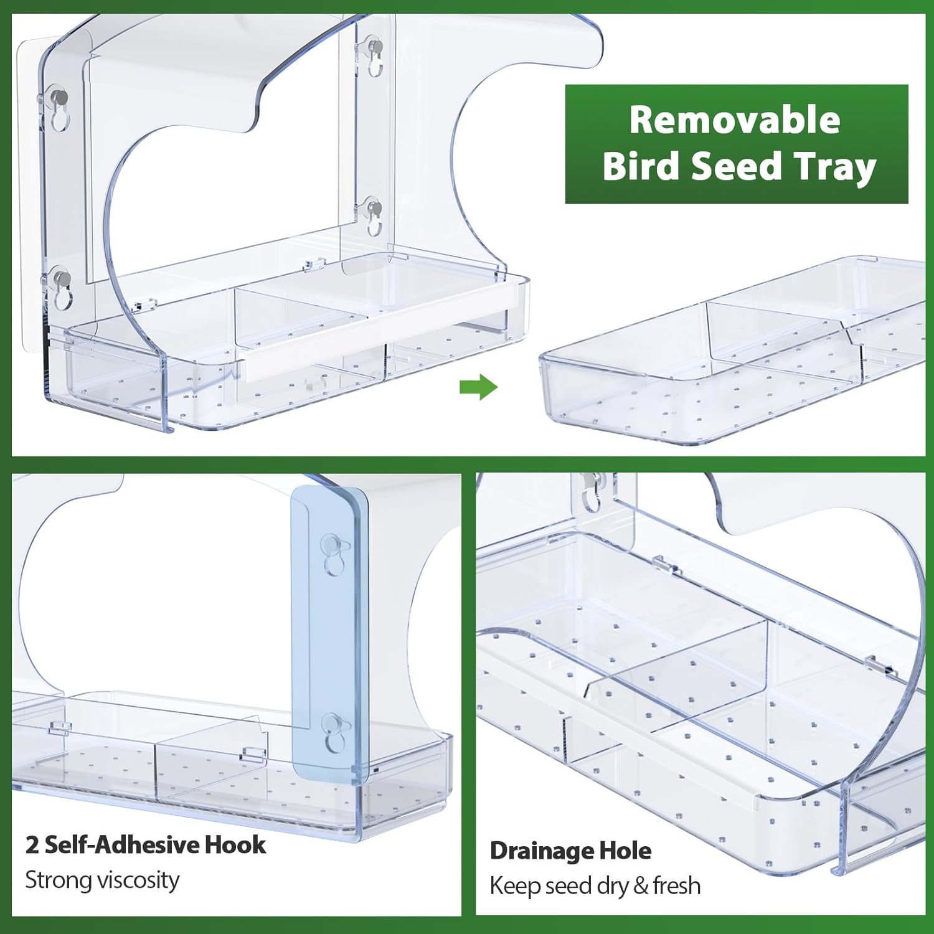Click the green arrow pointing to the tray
[x=478, y=387]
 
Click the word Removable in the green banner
[x=735, y=120]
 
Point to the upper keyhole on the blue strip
[x=331, y=554]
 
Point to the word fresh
[x=677, y=885]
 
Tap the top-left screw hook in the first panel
[x=59, y=103]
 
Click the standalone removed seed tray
[x=735, y=355]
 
